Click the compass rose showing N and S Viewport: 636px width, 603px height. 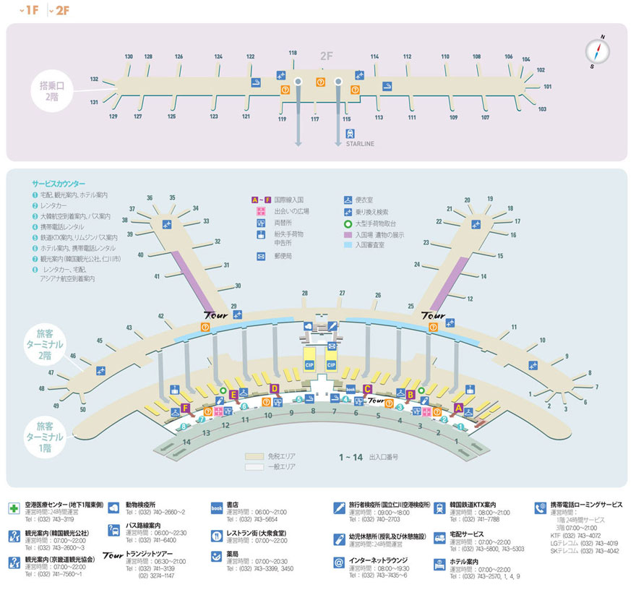(x=597, y=51)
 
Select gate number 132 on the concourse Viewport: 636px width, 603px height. (x=94, y=79)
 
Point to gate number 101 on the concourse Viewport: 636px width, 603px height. (x=548, y=87)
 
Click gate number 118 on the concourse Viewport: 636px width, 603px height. (x=293, y=53)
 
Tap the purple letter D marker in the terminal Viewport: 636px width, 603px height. (x=274, y=389)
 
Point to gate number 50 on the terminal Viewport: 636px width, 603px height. (x=83, y=410)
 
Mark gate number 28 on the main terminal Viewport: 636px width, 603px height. (x=305, y=293)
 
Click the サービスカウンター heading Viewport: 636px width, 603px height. (x=59, y=184)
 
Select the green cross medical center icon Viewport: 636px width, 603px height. (x=14, y=507)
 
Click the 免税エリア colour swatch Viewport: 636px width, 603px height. (x=254, y=457)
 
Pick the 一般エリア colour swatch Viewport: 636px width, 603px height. (x=254, y=468)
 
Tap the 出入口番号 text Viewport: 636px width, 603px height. (x=383, y=457)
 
